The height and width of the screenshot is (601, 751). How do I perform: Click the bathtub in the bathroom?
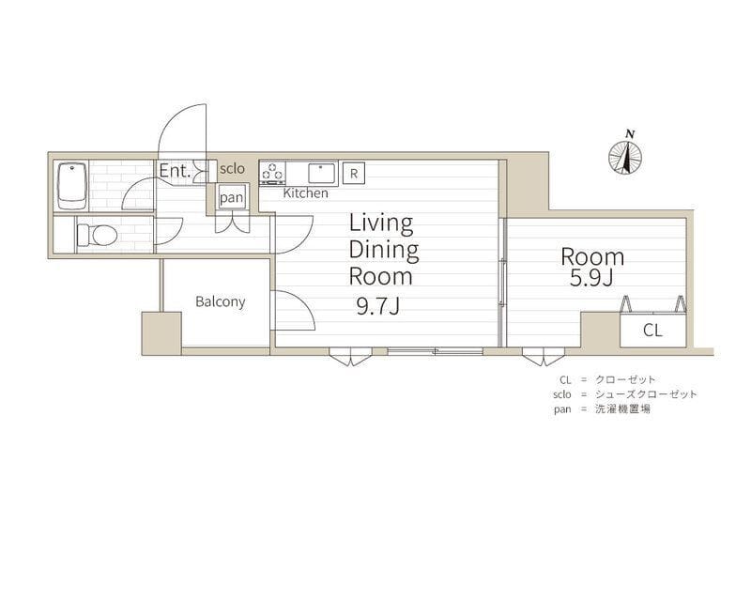72,186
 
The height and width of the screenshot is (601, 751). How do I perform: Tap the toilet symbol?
98,236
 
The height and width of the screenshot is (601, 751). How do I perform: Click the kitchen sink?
322,173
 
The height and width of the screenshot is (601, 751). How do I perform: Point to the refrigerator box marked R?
354,173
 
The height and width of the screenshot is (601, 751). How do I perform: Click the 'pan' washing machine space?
232,196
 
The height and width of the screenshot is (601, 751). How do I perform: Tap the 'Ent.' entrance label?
175,171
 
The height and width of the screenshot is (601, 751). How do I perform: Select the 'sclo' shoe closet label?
232,168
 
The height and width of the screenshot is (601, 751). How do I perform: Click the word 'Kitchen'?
306,193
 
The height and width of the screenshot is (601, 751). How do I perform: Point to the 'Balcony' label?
221,301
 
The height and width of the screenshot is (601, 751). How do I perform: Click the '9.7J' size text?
378,305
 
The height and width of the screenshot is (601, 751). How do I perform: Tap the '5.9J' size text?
591,278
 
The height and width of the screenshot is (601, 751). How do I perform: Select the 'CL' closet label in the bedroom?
652,330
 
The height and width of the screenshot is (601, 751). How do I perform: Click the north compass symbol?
625,158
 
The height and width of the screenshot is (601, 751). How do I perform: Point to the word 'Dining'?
384,250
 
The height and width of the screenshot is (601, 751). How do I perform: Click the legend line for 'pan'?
602,409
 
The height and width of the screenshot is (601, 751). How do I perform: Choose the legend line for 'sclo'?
625,394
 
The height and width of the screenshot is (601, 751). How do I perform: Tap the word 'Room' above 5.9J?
592,257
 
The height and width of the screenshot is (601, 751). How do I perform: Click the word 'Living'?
381,223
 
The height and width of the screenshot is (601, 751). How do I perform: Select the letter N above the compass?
631,134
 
